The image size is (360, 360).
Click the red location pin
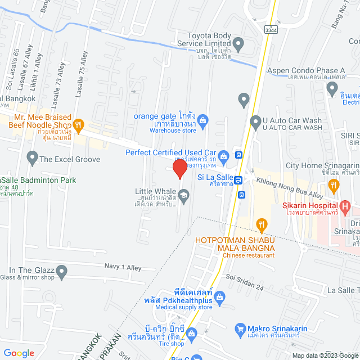tap(179, 169)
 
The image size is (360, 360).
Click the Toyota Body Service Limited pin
tap(238, 43)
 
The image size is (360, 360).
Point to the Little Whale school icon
tap(183, 195)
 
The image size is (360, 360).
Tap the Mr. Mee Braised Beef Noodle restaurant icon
tap(79, 125)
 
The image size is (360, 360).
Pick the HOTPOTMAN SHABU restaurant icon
tap(261, 226)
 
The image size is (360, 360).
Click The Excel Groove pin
tap(32, 159)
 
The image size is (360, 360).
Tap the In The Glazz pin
tap(62, 272)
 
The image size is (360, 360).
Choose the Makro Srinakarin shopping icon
tap(240, 328)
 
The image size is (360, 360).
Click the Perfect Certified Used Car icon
tap(223, 156)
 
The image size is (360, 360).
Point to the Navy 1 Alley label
tap(123, 267)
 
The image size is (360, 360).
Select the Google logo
tap(19, 353)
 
